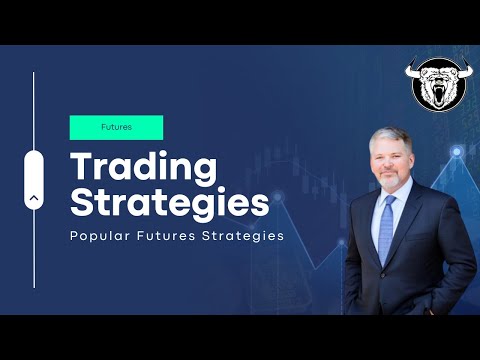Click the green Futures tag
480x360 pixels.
[116, 127]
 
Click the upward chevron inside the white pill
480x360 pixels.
[36, 198]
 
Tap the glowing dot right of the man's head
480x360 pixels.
[455, 151]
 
